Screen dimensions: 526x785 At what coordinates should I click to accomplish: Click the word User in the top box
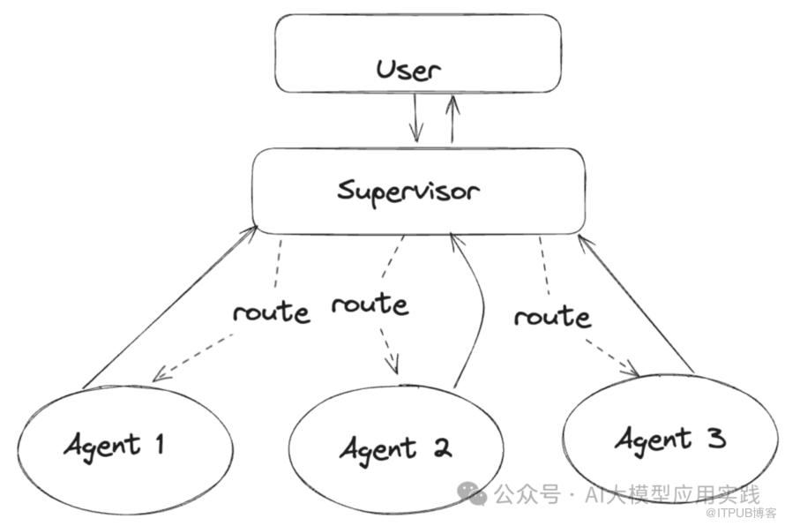(x=407, y=69)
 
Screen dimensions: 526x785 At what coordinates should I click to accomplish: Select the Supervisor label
(x=408, y=190)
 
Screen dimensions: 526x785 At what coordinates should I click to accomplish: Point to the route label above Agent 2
(x=370, y=304)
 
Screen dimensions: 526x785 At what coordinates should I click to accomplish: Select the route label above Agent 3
(x=552, y=315)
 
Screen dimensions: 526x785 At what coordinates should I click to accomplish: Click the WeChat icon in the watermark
(x=477, y=494)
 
